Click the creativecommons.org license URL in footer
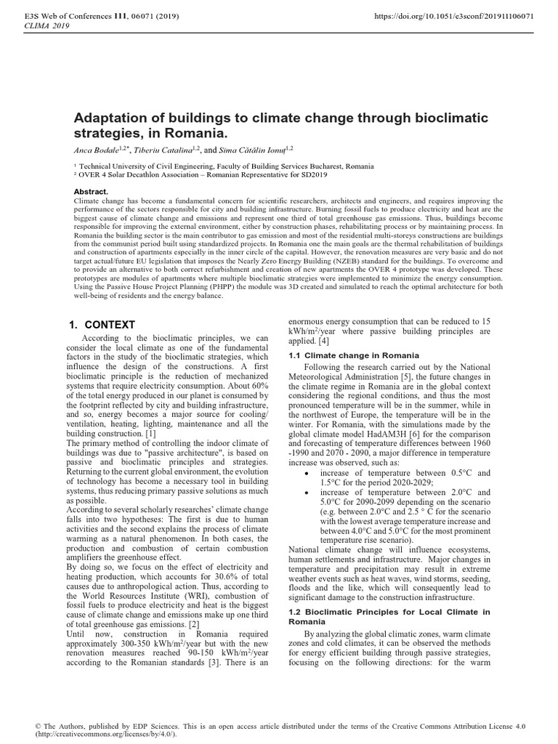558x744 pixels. (x=105, y=735)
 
